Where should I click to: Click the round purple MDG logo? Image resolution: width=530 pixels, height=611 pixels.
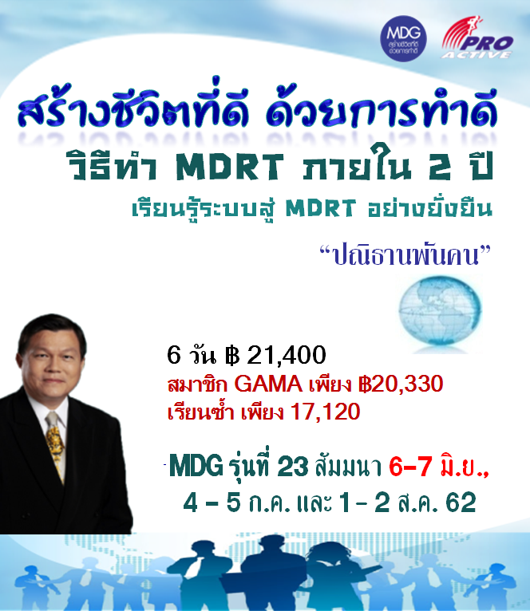click(403, 38)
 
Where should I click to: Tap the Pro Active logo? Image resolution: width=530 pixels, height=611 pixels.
click(477, 37)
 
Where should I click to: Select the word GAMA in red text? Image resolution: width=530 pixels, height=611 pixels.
click(268, 384)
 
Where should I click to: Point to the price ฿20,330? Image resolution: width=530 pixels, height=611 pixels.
click(401, 384)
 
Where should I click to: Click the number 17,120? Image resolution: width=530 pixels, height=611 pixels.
click(325, 412)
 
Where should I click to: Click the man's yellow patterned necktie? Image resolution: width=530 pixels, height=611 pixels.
click(56, 444)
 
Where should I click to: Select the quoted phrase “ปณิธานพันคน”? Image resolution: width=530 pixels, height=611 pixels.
click(405, 255)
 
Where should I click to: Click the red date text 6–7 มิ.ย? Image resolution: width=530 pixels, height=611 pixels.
click(439, 466)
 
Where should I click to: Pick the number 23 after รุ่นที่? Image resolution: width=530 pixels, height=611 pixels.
click(293, 467)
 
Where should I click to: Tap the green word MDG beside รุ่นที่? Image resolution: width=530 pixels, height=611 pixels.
click(196, 466)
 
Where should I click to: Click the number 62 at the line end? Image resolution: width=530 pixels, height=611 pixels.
click(461, 503)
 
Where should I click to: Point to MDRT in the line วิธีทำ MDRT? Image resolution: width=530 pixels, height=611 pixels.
click(230, 167)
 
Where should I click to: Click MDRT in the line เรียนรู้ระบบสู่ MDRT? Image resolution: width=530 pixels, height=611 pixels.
click(321, 208)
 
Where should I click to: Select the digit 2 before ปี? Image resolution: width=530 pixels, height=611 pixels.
click(441, 167)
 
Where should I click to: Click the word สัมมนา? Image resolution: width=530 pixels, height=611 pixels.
click(348, 467)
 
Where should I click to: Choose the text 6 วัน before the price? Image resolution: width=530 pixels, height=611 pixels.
click(191, 355)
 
